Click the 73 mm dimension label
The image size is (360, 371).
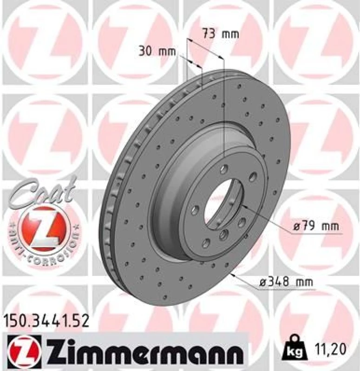coord(220,33)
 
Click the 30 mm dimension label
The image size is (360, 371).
coord(157,52)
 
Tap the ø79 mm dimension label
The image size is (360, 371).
coord(316,228)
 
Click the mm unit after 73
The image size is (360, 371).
coord(230,33)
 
